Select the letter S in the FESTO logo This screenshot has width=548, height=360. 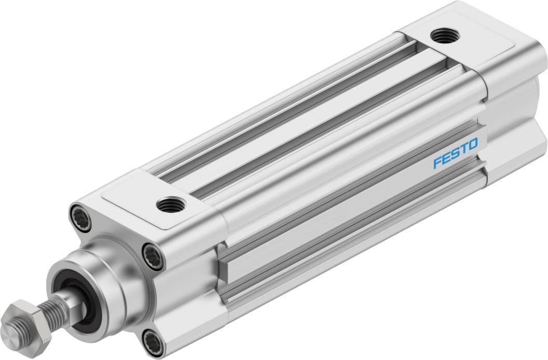tap(455, 154)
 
